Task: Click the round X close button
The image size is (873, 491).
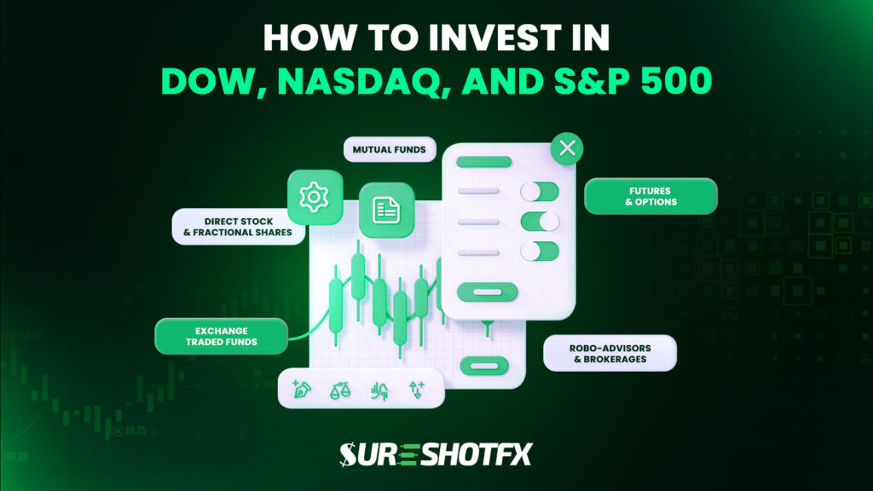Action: point(567,149)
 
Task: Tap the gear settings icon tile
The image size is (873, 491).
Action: point(315,197)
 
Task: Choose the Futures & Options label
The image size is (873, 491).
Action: point(650,196)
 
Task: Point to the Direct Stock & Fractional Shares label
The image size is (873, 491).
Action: point(239,226)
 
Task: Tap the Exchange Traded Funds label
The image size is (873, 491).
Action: point(221,336)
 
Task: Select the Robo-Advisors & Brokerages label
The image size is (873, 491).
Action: point(610,353)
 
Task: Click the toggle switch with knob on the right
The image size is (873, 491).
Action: point(540,221)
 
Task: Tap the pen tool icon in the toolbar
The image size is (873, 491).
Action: point(302,390)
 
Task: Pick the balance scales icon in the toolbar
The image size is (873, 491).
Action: point(339,390)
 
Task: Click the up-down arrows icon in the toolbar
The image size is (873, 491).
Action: point(417,390)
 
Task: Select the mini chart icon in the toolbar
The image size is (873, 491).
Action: point(379,390)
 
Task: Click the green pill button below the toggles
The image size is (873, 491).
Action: point(486,292)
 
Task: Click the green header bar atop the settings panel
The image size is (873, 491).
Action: point(483,161)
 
